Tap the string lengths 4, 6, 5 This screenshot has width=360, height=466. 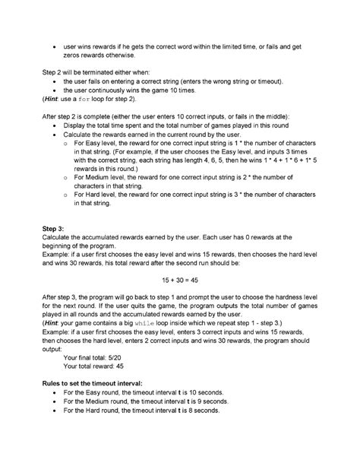coord(226,160)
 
